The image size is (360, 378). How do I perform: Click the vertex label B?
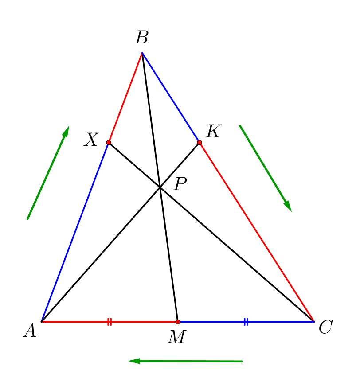141,38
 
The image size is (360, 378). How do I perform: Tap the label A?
30,331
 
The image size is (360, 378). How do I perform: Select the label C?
325,327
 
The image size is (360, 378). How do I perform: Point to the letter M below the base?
177,337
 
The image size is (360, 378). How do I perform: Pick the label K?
213,132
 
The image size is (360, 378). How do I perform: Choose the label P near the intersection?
180,184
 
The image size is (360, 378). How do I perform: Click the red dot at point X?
109,142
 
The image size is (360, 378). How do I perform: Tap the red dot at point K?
200,142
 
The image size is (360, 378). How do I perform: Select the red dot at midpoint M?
177,321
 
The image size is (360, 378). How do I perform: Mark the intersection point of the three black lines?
160,188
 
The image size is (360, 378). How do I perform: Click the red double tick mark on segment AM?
110,322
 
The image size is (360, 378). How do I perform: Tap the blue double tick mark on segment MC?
246,322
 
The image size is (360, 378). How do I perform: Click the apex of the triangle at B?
142,53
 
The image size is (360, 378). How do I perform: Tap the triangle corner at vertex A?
41,321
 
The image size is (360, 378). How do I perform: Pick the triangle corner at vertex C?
314,321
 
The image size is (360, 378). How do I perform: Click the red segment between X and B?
125,97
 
